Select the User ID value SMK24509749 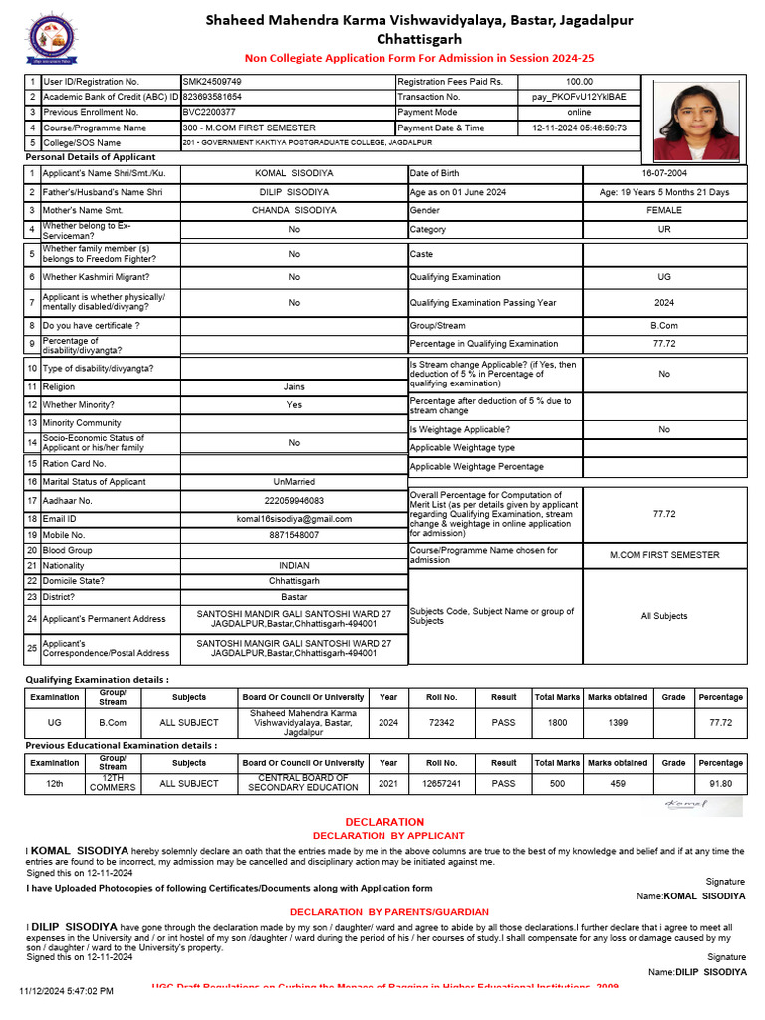pos(212,81)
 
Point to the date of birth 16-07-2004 pos(664,173)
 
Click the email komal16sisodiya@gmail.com pos(294,519)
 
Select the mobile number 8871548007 pos(294,535)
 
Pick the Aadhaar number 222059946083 pos(294,501)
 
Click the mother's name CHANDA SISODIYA pos(294,211)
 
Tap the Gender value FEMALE pos(664,211)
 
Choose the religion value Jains pos(294,387)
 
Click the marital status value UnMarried pos(294,482)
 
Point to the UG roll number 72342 pos(442,723)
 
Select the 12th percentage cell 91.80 pos(720,784)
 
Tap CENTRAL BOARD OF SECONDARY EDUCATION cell pos(303,783)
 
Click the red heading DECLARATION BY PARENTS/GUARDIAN pos(388,912)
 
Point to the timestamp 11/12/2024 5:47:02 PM pos(67,991)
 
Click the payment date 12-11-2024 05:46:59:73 pos(579,128)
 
